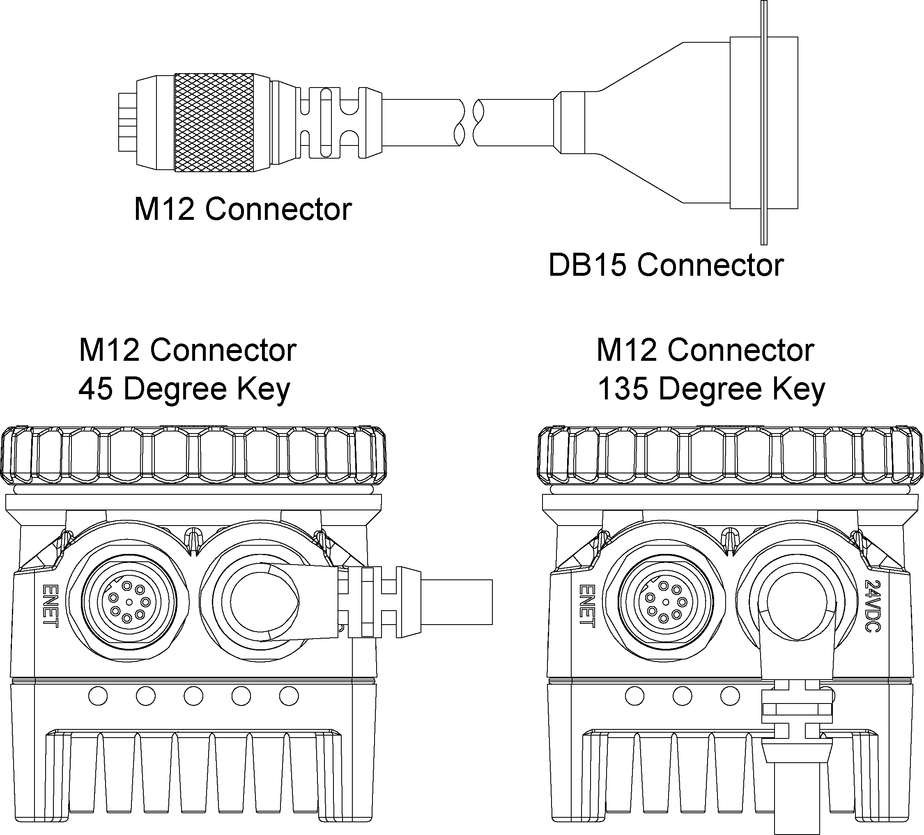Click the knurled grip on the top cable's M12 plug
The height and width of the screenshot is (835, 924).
pos(214,122)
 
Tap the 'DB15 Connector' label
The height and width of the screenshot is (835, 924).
pos(666,265)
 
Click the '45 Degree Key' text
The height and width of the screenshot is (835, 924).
pos(184,389)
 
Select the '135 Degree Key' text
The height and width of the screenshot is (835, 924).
pos(711,389)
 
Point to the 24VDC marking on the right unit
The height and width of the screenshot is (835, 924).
pos(872,606)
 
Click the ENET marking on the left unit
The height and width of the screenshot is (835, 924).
pos(50,605)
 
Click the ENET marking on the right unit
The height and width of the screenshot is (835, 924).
pos(587,605)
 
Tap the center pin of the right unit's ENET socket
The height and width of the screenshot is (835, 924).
pos(666,602)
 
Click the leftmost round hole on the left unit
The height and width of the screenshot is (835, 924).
pos(98,696)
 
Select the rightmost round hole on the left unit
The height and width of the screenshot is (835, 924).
pos(289,696)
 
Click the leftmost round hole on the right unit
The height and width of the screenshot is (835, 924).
pos(635,696)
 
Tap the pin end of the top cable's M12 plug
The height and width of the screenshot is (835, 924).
pos(127,122)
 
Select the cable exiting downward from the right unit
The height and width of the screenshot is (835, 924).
pos(796,807)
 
